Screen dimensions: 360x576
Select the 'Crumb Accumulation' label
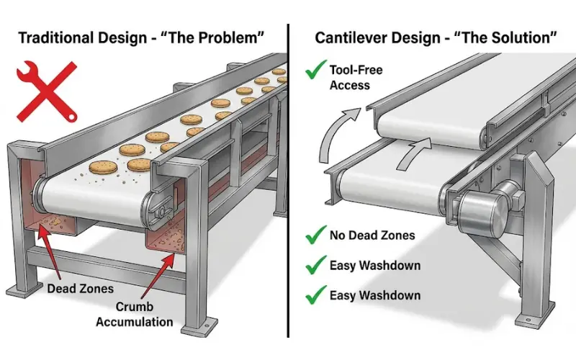135,315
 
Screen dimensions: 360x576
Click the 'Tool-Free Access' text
355,77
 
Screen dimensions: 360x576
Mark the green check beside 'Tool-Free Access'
314,72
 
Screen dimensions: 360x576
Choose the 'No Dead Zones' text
372,235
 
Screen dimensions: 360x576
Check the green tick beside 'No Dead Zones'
314,235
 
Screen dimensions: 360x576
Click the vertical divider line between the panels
289,180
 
